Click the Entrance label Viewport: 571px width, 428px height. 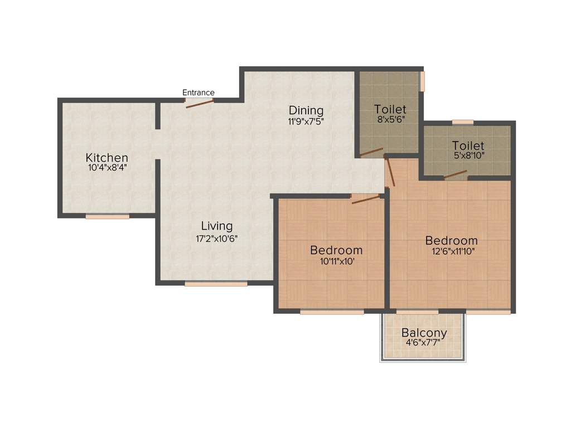tap(199, 93)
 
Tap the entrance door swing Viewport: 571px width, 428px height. tap(200, 103)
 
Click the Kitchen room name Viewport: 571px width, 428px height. tap(107, 158)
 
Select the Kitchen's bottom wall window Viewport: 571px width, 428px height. tap(107, 216)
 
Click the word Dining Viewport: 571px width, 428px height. tap(306, 110)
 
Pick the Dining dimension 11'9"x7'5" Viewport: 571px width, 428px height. tap(306, 120)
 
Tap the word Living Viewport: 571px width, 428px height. tap(217, 226)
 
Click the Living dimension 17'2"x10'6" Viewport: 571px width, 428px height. tap(217, 237)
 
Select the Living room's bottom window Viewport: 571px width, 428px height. tap(216, 284)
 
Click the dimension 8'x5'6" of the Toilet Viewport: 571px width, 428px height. tap(390, 119)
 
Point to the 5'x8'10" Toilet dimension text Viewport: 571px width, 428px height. tap(468, 156)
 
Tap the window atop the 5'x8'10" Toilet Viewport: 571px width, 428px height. tap(462, 122)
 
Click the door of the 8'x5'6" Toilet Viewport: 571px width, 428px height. tap(371, 152)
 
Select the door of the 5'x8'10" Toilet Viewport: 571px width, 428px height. tap(456, 174)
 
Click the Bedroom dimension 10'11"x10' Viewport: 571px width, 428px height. tap(336, 261)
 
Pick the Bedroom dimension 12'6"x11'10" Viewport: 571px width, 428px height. tap(451, 251)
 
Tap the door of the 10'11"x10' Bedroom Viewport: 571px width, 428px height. tap(365, 200)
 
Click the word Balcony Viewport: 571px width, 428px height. tap(424, 333)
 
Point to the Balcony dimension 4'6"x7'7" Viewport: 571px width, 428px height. tap(424, 343)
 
